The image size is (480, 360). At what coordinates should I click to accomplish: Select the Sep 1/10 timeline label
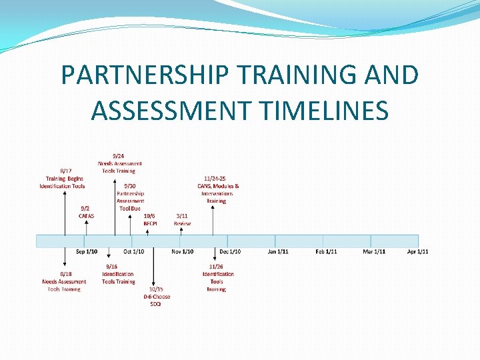pos(87,251)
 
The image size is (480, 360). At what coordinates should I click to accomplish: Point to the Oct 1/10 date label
pos(133,251)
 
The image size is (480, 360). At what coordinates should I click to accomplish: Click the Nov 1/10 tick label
pos(183,251)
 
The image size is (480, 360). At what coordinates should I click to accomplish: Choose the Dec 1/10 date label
pos(231,251)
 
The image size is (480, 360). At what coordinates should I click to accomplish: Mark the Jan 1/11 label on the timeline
pos(278,251)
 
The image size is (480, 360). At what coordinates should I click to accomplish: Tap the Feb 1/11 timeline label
pos(326,251)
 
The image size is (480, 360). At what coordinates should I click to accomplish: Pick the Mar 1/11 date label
pos(374,251)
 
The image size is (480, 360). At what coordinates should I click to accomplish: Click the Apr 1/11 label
pos(418,251)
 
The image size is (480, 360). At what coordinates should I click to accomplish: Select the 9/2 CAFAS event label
pos(87,212)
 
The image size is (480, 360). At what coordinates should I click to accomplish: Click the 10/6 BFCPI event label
pos(149,219)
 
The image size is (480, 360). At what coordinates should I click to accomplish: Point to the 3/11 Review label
pos(182,219)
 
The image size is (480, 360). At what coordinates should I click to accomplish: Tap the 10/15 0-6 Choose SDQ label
pos(156,297)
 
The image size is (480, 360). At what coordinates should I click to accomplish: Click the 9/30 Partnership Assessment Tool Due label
pos(130,197)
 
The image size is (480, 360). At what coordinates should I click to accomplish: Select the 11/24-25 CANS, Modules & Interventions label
pos(217,189)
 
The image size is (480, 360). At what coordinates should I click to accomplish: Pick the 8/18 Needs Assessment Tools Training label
pos(65,281)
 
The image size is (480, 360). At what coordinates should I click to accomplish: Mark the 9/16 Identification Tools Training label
pos(118,273)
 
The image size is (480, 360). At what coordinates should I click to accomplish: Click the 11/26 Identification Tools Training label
pos(217,277)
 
